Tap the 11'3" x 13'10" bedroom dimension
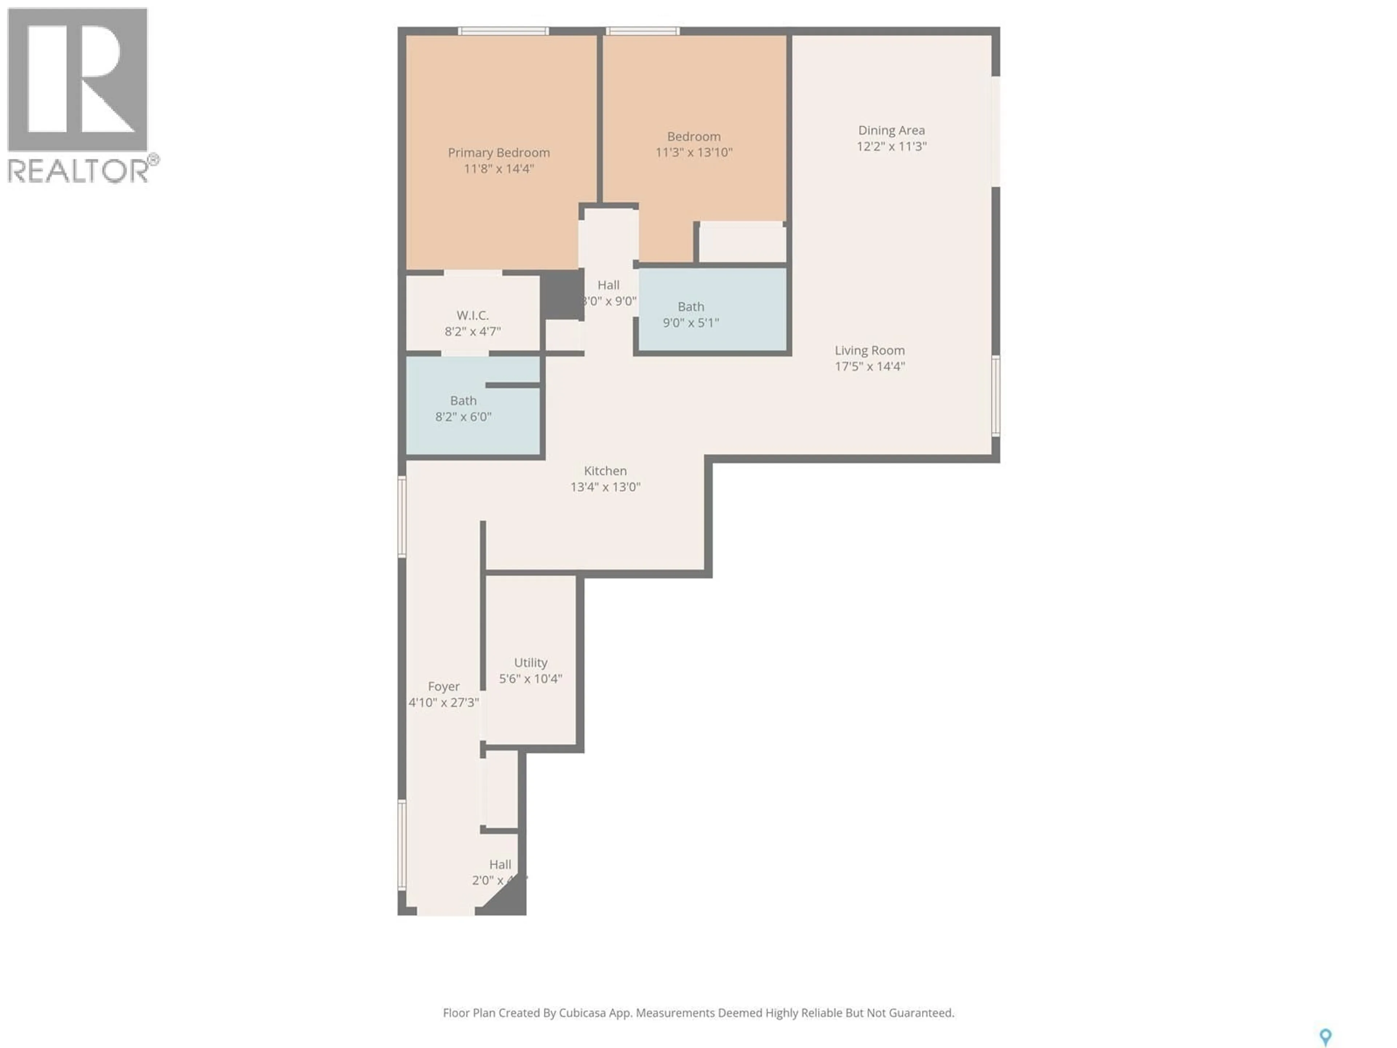[693, 152]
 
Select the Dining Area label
[891, 130]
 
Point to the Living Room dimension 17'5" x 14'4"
[869, 366]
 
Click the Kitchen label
[605, 471]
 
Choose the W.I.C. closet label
[473, 315]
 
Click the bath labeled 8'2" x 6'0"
[463, 408]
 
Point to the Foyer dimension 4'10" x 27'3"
[443, 702]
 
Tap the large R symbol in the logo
[77, 79]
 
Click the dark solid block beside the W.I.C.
[561, 294]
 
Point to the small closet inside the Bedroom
[742, 242]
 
